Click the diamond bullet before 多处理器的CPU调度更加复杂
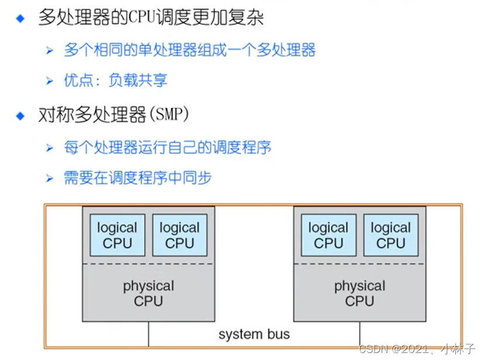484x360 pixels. click(x=21, y=19)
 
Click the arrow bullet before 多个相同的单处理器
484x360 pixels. click(x=50, y=50)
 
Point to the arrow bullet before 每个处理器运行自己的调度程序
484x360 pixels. click(x=50, y=148)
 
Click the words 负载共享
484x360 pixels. click(x=139, y=81)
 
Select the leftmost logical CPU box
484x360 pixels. click(x=117, y=235)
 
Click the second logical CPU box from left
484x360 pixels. click(x=179, y=235)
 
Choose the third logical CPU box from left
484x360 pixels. click(x=329, y=235)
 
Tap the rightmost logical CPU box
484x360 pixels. click(x=391, y=235)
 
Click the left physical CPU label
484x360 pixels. click(x=148, y=293)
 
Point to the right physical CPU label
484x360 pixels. click(x=359, y=293)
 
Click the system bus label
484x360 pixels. click(x=254, y=334)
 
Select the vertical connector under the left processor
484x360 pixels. click(x=148, y=333)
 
